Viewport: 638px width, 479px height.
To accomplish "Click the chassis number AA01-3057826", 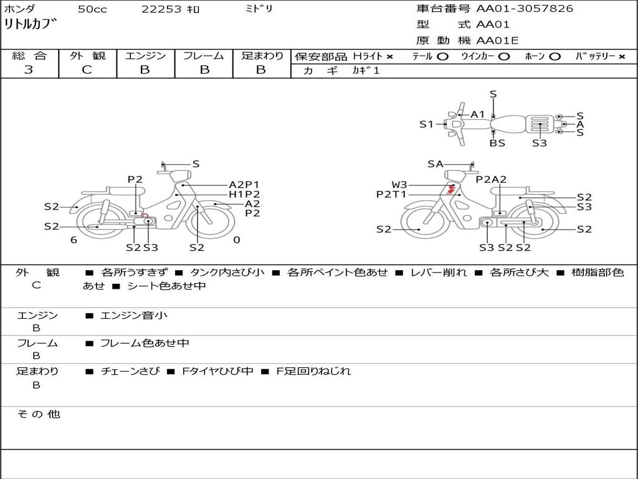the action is coord(525,8).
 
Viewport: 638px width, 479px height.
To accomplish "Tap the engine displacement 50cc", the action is coord(92,9).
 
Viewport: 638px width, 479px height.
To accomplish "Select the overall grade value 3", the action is coord(29,70).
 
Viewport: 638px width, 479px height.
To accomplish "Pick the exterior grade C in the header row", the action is coord(87,70).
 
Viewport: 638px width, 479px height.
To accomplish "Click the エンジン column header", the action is coord(145,56).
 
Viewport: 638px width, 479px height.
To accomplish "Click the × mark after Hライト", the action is coord(390,57).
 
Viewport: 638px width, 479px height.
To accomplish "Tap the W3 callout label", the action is coord(399,185).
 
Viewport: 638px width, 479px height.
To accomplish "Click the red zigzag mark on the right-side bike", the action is coord(451,188).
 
